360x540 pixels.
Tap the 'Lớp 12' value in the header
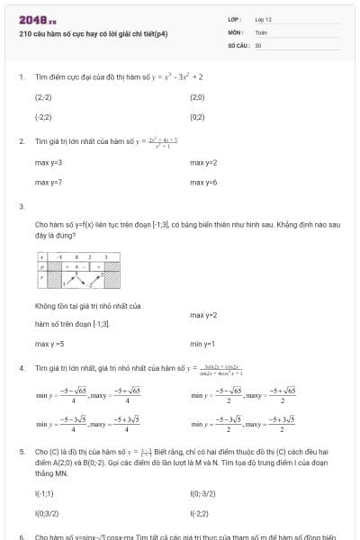click(x=264, y=18)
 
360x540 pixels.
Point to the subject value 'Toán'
click(x=261, y=31)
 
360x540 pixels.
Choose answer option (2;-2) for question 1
click(x=43, y=96)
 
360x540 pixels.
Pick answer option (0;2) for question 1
click(x=198, y=117)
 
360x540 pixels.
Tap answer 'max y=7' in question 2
click(x=49, y=183)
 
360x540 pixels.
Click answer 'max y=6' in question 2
click(x=203, y=183)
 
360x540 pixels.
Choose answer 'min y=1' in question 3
click(x=202, y=344)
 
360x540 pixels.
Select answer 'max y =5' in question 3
click(x=49, y=344)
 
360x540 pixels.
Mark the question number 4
click(x=21, y=369)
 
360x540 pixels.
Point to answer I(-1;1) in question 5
click(x=44, y=493)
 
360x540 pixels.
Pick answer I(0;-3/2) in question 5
click(x=203, y=493)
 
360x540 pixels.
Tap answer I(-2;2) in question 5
click(x=200, y=513)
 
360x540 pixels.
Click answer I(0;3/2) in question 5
click(x=46, y=513)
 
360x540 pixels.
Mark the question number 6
click(x=21, y=536)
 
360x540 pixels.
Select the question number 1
click(x=21, y=77)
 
